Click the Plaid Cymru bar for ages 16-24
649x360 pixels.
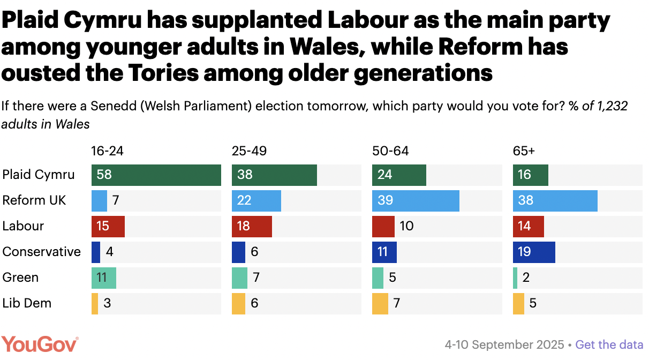tap(156, 175)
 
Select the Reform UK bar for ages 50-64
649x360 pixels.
tap(416, 200)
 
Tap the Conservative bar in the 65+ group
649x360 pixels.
tap(534, 252)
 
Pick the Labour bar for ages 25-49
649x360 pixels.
tap(252, 226)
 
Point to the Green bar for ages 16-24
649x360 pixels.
tap(104, 277)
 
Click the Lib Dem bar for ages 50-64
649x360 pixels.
tap(380, 303)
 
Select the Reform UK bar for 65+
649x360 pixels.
tap(555, 200)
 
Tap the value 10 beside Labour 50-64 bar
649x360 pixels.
tap(406, 226)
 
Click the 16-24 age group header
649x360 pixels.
tap(107, 151)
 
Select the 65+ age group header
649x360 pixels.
tap(524, 151)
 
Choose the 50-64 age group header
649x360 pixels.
tap(390, 151)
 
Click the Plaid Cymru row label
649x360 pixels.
tap(39, 175)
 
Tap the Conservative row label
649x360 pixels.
tap(42, 252)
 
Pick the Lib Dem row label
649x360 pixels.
tap(27, 303)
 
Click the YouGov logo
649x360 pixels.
tap(40, 344)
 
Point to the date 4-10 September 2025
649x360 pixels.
tap(504, 344)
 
